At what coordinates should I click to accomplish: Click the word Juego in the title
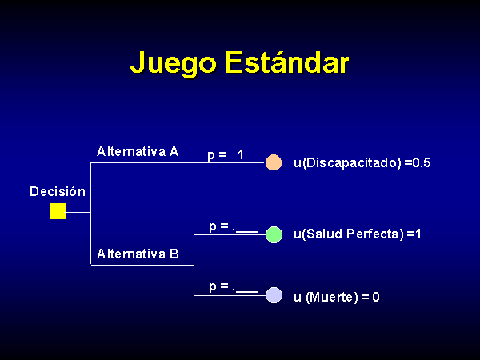click(174, 64)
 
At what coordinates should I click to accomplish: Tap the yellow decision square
click(58, 211)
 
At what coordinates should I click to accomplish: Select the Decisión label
click(58, 192)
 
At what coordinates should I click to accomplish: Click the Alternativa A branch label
click(138, 151)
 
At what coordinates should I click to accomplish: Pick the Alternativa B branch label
click(138, 254)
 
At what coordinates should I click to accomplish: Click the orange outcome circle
click(274, 162)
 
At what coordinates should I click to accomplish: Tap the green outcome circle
click(274, 234)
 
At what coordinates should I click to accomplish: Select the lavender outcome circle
click(274, 295)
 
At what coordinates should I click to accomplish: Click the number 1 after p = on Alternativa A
click(241, 155)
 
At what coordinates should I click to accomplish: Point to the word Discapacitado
click(351, 162)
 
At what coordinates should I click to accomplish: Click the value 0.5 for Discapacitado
click(422, 162)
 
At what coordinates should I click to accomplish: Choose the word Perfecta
click(373, 234)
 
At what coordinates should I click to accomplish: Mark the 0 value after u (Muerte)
click(376, 297)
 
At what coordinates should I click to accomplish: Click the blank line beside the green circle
click(246, 232)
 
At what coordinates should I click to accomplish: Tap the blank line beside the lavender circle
click(246, 292)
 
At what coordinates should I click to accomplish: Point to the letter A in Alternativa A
click(174, 151)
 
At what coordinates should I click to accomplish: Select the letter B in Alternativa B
click(174, 254)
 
